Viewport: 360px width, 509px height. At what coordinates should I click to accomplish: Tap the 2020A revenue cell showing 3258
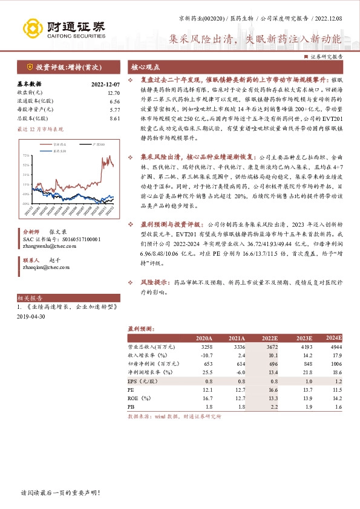206,347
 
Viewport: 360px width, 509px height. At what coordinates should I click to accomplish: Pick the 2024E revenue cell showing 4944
335,347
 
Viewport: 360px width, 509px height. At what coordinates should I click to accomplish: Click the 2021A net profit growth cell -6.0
238,372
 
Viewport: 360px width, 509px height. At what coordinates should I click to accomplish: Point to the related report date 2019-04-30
32,317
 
